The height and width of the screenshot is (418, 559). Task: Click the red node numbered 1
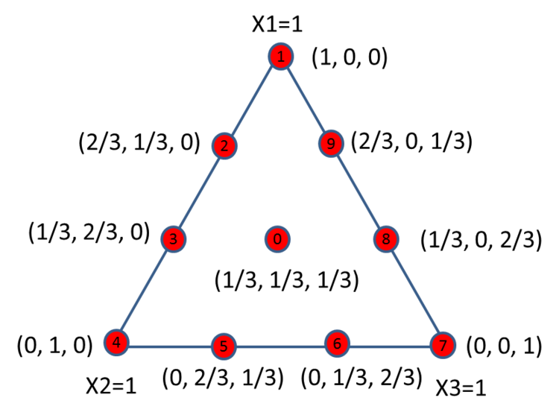tap(281, 57)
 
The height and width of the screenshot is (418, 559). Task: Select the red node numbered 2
tap(224, 146)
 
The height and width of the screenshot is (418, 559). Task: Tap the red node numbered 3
tap(174, 239)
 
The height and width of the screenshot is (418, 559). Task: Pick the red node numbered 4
tap(116, 343)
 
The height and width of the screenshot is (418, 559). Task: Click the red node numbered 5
tap(224, 346)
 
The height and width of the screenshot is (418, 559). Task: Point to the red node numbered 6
tap(337, 343)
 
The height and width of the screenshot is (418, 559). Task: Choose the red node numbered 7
tap(443, 345)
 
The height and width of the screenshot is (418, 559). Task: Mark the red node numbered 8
tap(386, 238)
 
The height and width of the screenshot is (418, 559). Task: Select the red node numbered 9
tap(331, 144)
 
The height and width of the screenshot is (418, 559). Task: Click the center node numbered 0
tap(277, 239)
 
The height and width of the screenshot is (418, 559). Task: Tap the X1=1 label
tap(277, 25)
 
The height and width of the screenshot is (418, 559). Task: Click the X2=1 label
tap(111, 386)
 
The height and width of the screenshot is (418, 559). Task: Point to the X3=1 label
tap(461, 388)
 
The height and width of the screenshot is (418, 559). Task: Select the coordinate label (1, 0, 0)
tap(350, 57)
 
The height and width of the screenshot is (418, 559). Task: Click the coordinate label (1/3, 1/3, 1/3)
tap(287, 279)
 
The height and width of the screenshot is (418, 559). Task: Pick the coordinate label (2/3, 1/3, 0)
tap(139, 142)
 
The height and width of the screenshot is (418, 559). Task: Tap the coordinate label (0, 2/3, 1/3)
tap(223, 378)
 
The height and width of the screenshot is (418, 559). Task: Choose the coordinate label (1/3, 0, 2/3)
tap(481, 240)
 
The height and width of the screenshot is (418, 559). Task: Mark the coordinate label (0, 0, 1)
tap(504, 346)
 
